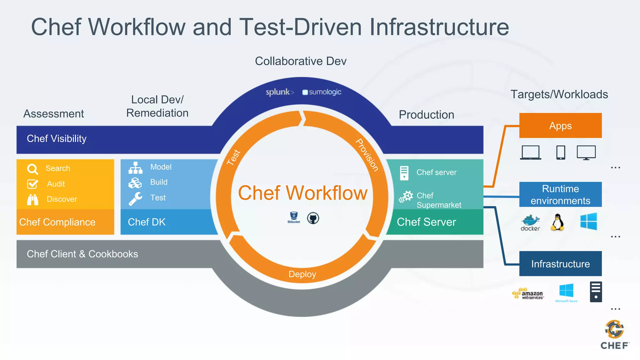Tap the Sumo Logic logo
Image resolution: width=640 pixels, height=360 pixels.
(x=322, y=92)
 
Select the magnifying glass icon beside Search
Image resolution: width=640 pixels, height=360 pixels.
(x=32, y=169)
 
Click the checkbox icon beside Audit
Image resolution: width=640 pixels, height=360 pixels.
(x=32, y=184)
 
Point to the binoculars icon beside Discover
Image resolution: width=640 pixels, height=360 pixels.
(x=32, y=199)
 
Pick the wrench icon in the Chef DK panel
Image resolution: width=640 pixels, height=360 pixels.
(x=135, y=198)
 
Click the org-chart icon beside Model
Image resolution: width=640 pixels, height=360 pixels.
(x=135, y=168)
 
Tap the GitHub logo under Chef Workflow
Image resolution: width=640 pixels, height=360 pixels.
(x=313, y=218)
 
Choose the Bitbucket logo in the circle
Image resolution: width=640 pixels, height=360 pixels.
(x=294, y=217)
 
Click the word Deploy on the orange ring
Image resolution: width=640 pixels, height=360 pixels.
(x=302, y=274)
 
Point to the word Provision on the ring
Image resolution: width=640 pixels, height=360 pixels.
(x=367, y=155)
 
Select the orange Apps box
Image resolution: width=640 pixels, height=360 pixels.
(x=560, y=126)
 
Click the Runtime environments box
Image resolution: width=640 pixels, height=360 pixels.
(x=560, y=194)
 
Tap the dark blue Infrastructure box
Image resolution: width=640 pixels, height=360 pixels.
(x=560, y=264)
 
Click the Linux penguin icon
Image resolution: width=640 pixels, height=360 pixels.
(x=557, y=222)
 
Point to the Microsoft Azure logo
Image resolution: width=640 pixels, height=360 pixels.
(x=566, y=292)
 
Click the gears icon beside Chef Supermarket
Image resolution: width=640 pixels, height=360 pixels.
(x=406, y=197)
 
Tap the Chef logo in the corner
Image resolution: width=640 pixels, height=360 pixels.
(x=614, y=334)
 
